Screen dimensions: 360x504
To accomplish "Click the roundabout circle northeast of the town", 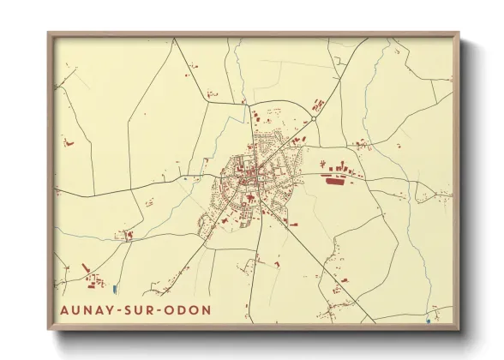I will (x=315, y=118).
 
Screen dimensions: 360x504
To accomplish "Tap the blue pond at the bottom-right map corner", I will (x=428, y=321).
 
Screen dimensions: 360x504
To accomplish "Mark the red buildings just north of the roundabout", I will (x=319, y=105).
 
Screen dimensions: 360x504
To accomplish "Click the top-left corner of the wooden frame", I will (x=49, y=33).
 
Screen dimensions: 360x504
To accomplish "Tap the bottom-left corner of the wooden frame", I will (x=49, y=330).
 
